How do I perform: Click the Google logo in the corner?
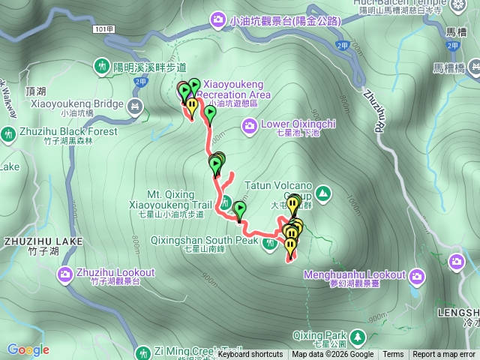pyautogui.click(x=28, y=349)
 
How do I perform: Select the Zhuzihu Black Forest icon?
pyautogui.click(x=8, y=135)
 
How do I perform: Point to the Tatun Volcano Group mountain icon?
pyautogui.click(x=322, y=195)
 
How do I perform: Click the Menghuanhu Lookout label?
pyautogui.click(x=353, y=275)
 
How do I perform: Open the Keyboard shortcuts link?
pyautogui.click(x=250, y=355)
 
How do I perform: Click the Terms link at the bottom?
pyautogui.click(x=393, y=355)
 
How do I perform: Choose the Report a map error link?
pyautogui.click(x=445, y=355)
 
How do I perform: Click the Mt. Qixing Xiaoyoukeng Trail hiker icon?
pyautogui.click(x=225, y=202)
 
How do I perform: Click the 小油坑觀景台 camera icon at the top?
pyautogui.click(x=218, y=19)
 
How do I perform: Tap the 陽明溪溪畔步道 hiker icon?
pyautogui.click(x=103, y=67)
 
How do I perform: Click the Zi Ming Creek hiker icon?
pyautogui.click(x=143, y=352)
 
